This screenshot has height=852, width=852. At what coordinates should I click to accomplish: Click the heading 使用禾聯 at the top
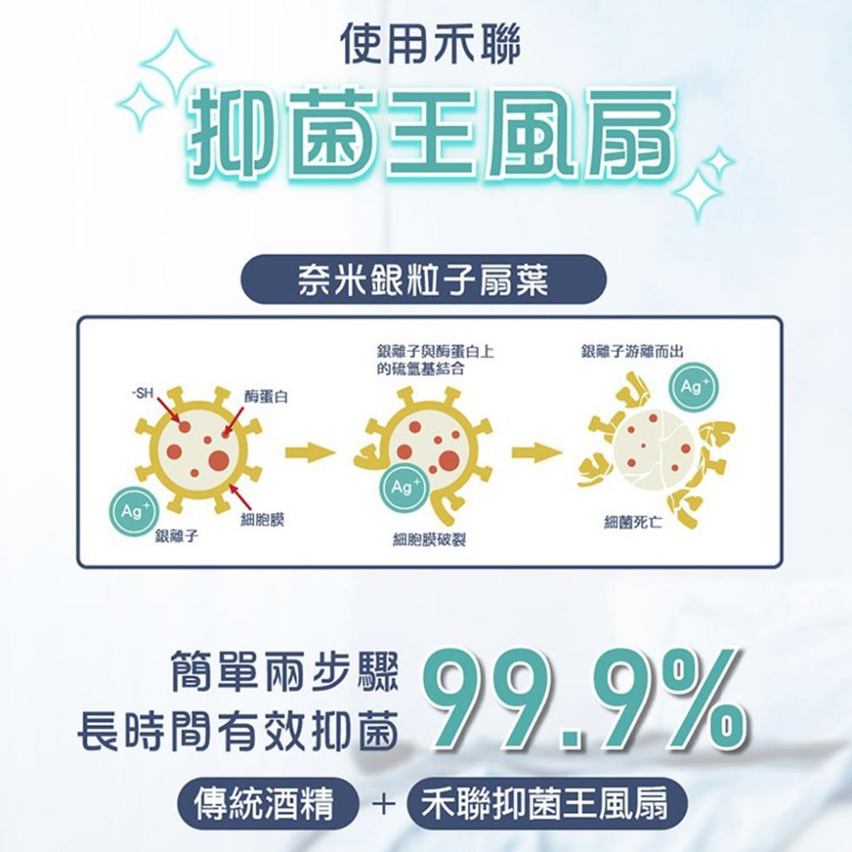[x=430, y=44]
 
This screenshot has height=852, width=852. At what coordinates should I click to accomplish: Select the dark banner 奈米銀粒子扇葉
[x=423, y=279]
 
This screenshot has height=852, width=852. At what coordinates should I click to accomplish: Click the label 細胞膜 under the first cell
[x=263, y=520]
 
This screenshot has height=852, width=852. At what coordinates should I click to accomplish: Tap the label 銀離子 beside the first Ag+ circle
[x=176, y=536]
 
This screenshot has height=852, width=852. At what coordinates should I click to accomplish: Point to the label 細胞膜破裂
[x=429, y=540]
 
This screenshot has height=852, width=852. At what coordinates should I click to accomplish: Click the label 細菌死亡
[x=633, y=523]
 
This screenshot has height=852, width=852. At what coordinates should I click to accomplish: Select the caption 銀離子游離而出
[x=632, y=351]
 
